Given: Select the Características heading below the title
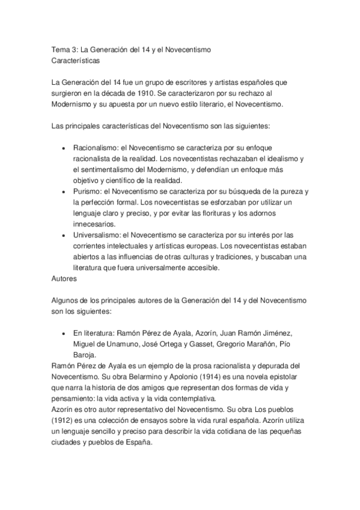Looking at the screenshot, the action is (x=75, y=60).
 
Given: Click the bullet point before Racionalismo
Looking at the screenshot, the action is (x=64, y=147).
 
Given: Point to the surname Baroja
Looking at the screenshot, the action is (x=87, y=354).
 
